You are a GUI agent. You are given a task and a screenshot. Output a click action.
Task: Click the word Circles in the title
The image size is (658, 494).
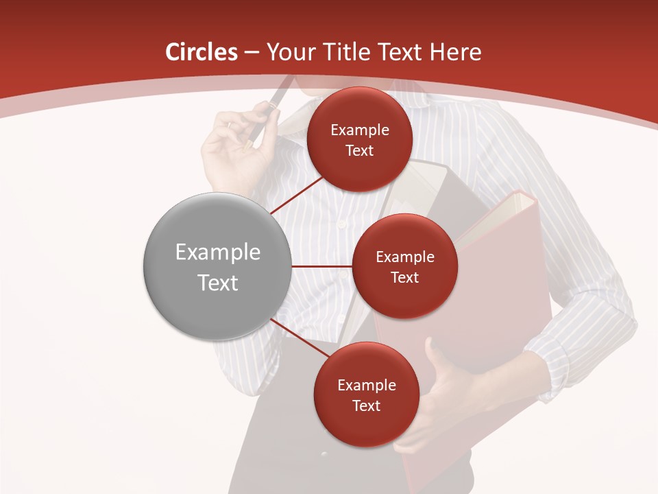point(201,52)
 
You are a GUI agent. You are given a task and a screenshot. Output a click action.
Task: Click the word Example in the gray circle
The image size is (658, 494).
point(217,252)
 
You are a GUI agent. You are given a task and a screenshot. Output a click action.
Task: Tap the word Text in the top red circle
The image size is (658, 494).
point(359,151)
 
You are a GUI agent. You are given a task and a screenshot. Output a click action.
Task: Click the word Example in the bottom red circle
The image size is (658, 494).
point(366,385)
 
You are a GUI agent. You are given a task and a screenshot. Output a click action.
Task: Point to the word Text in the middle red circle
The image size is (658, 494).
point(404,278)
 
